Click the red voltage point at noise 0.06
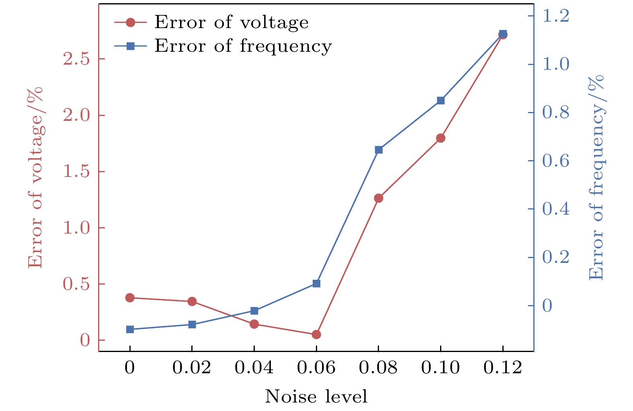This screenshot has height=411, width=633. pyautogui.click(x=316, y=334)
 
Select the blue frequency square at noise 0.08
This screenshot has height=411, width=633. pyautogui.click(x=379, y=150)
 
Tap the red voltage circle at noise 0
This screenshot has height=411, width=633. pyautogui.click(x=130, y=297)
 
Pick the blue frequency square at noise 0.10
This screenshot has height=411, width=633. pyautogui.click(x=440, y=100)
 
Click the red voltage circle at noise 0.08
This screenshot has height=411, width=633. pyautogui.click(x=379, y=198)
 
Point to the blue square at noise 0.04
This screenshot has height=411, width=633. pyautogui.click(x=254, y=311)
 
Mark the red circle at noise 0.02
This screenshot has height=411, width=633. pyautogui.click(x=192, y=301)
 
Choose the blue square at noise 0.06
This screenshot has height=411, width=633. pyautogui.click(x=316, y=283)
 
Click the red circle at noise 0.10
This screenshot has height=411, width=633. pyautogui.click(x=440, y=138)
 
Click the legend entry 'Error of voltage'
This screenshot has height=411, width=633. pyautogui.click(x=231, y=22)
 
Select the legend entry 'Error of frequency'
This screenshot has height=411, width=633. pyautogui.click(x=243, y=46)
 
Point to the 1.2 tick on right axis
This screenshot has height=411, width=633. pyautogui.click(x=556, y=16)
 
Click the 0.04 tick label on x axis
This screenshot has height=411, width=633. pyautogui.click(x=254, y=368)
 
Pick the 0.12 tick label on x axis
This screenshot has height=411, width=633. pyautogui.click(x=502, y=368)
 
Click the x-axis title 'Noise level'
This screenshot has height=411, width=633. pyautogui.click(x=316, y=397)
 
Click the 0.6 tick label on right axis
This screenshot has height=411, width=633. pyautogui.click(x=556, y=161)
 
